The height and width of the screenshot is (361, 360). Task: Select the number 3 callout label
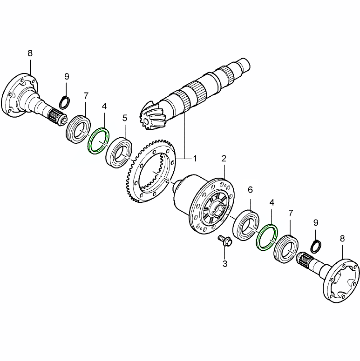224,264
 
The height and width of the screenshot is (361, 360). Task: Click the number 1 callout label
195,158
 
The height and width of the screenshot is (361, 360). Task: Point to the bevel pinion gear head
153,116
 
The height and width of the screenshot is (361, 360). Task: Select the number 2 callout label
224,159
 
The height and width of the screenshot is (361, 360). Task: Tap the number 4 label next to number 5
104,107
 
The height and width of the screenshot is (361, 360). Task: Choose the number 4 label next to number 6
272,203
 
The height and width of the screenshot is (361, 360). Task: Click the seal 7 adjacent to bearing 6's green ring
285,249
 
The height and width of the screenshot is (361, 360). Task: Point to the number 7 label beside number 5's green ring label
86,95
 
